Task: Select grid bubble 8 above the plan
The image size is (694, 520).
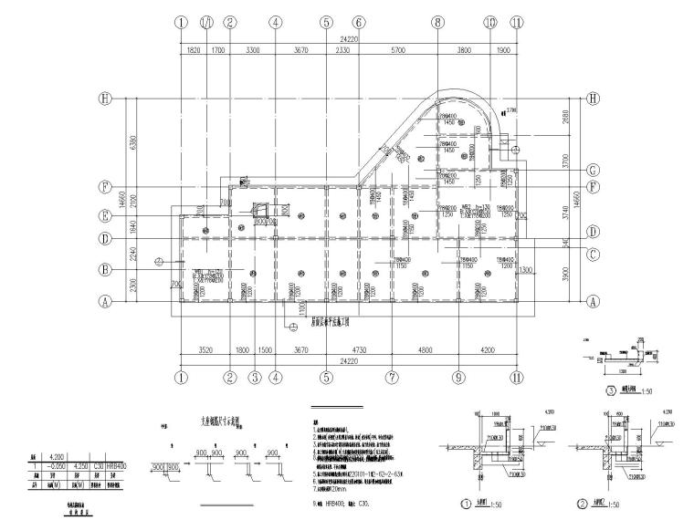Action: [437, 21]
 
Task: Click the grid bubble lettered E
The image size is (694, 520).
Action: [106, 216]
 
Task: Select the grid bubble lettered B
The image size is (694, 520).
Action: [106, 269]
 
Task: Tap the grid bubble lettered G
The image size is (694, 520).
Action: [593, 170]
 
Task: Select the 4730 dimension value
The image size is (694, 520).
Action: [358, 350]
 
